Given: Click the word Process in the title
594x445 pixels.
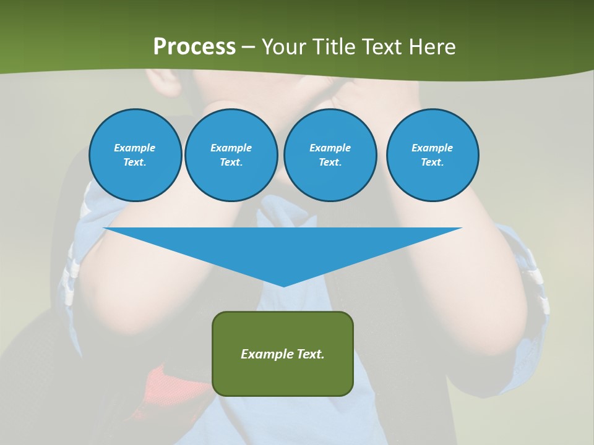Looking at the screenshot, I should (x=194, y=47).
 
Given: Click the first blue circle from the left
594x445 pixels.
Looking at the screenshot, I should (x=136, y=155).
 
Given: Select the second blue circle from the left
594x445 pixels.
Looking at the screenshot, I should (x=231, y=155).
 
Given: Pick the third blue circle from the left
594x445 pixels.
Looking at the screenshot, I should (x=330, y=155).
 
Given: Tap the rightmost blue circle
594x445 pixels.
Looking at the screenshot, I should (x=433, y=155).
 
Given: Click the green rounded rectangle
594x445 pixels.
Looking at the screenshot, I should (x=283, y=371).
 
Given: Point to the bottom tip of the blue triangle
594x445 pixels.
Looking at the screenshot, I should (x=283, y=286).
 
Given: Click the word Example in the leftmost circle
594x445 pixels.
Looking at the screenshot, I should (x=135, y=148).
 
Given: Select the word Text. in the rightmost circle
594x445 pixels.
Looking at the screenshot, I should (x=433, y=163).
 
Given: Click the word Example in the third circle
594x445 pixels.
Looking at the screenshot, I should (x=330, y=148).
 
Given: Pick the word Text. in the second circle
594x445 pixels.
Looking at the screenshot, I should (x=231, y=163).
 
